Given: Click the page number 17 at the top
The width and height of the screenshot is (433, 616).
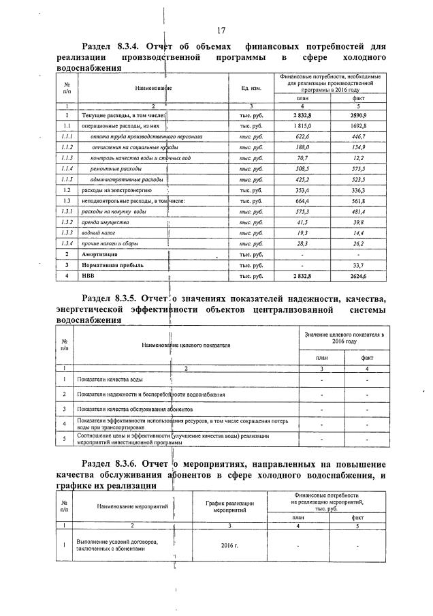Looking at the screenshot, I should (x=221, y=31).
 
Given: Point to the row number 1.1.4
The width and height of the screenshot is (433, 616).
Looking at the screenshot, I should (x=67, y=169).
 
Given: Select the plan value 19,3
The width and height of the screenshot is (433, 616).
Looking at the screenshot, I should (x=298, y=233).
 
